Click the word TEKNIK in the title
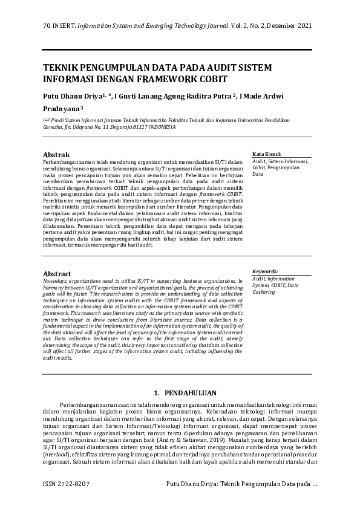click(x=60, y=68)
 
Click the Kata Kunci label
click(x=266, y=154)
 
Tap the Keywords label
click(x=265, y=272)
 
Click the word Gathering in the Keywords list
click(x=264, y=292)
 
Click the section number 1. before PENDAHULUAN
click(x=157, y=393)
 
